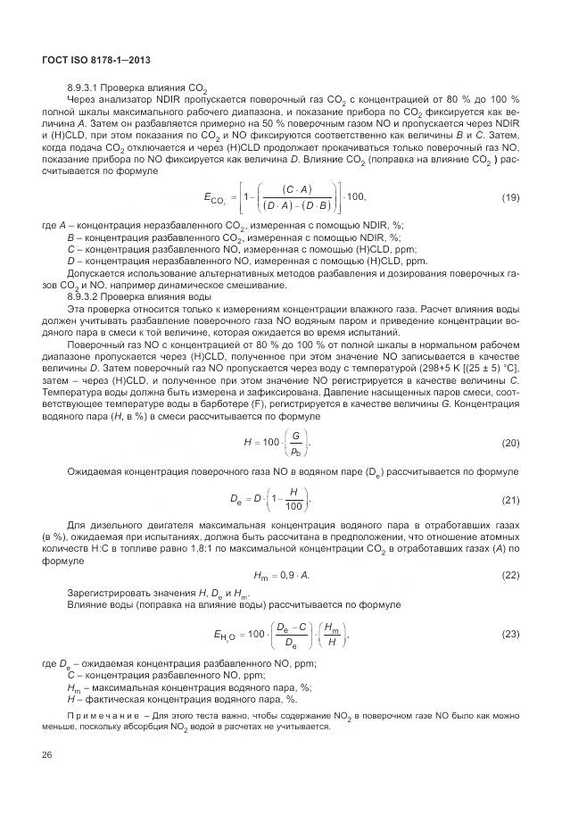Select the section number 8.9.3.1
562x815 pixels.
pyautogui.click(x=85, y=87)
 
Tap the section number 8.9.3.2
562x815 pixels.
pyautogui.click(x=85, y=295)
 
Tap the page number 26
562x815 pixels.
pyautogui.click(x=47, y=756)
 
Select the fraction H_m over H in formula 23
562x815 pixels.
pyautogui.click(x=329, y=634)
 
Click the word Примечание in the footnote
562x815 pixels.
pyautogui.click(x=106, y=716)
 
